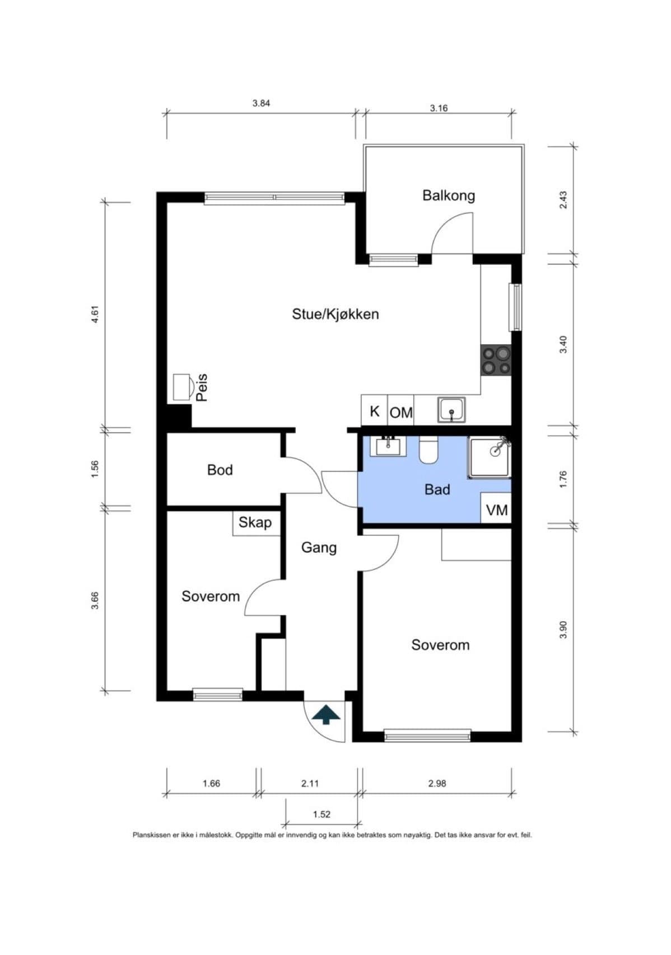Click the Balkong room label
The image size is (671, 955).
tap(448, 196)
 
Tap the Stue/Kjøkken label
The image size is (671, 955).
tap(335, 314)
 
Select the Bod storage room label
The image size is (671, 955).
tap(220, 470)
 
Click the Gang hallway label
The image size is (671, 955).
tap(319, 548)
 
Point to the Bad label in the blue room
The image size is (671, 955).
tap(437, 489)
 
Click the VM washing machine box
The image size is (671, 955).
tap(496, 508)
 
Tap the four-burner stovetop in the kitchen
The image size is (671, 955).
tap(496, 361)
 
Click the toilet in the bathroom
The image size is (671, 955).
tap(428, 450)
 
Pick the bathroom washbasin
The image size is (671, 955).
tap(388, 446)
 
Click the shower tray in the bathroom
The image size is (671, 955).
tap(490, 457)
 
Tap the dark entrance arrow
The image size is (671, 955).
tap(326, 714)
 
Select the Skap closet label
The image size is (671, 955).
tap(255, 522)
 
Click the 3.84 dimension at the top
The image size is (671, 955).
tap(261, 103)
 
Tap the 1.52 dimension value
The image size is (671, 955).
tap(321, 814)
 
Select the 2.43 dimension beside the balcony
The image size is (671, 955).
tap(563, 200)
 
